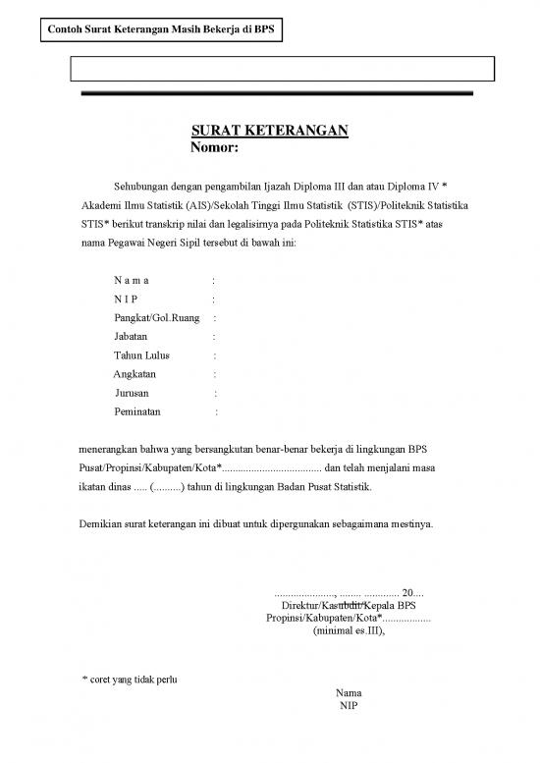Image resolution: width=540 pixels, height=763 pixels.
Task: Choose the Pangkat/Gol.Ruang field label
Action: click(157, 318)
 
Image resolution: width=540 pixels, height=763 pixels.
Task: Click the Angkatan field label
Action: click(135, 374)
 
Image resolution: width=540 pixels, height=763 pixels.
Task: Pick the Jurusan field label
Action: click(133, 393)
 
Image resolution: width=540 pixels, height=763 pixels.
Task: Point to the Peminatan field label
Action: click(139, 411)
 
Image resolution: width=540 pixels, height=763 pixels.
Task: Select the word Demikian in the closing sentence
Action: click(101, 523)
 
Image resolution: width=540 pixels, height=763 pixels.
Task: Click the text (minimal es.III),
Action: click(349, 631)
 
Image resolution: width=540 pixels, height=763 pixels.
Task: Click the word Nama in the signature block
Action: click(348, 692)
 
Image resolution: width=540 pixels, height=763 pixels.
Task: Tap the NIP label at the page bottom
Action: click(348, 705)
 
